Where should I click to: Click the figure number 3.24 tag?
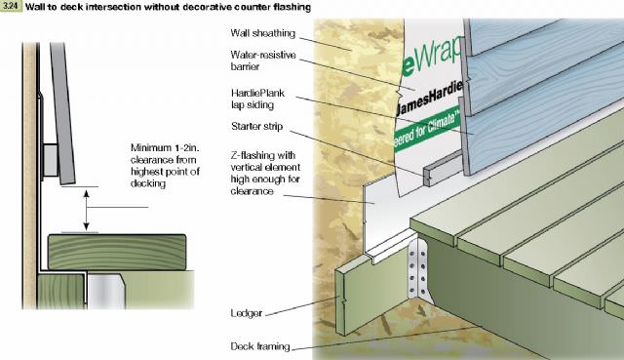(11, 7)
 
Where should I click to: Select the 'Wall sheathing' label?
(262, 33)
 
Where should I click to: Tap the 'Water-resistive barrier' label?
(263, 60)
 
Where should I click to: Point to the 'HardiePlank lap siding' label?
(257, 99)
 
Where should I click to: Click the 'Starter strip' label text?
(257, 126)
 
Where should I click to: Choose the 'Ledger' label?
(247, 313)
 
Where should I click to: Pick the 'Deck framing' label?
(260, 346)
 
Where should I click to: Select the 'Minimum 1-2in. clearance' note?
(165, 166)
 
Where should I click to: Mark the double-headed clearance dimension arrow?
(87, 210)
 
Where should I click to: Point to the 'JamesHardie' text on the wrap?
(430, 98)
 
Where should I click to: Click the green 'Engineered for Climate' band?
(428, 128)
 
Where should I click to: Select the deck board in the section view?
(117, 252)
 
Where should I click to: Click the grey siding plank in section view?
(62, 113)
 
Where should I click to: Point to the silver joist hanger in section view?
(106, 291)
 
